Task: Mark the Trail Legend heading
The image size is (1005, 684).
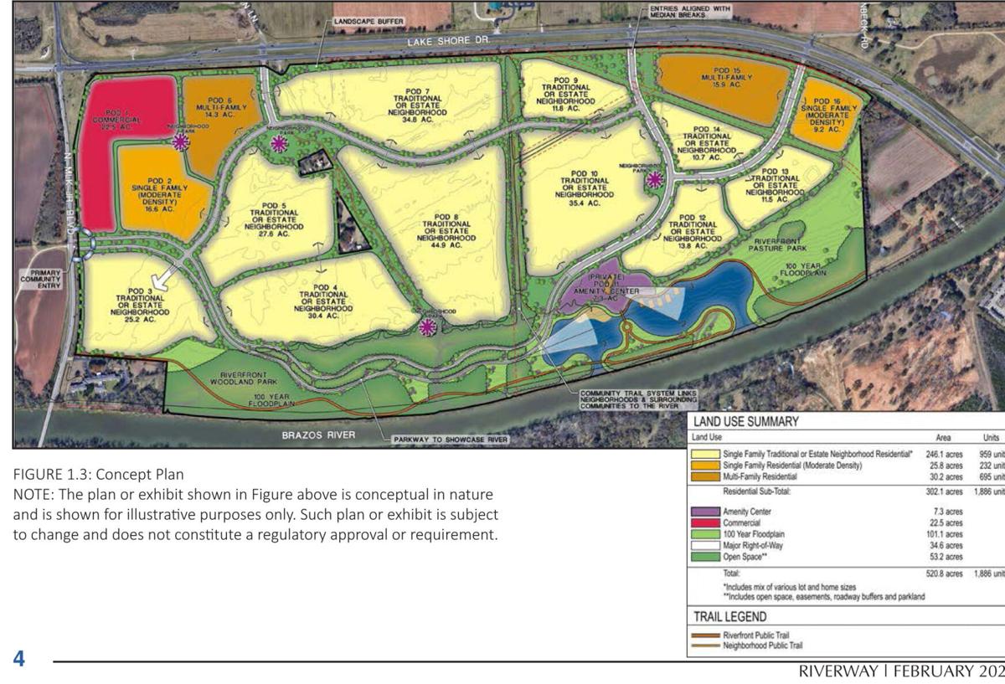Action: (731, 617)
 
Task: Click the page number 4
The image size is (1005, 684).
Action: (18, 658)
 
